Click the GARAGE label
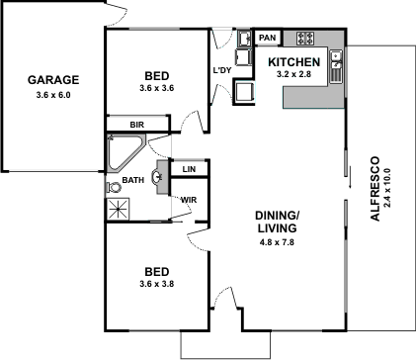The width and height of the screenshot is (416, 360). point(52,79)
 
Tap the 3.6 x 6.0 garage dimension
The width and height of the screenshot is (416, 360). point(52,95)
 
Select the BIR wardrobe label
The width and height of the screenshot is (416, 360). point(137,125)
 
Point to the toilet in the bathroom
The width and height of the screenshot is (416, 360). point(113,186)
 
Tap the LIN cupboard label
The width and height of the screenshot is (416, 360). point(189,169)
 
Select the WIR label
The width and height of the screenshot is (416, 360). point(186,199)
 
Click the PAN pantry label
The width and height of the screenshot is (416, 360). point(267,39)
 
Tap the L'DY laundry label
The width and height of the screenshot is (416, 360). point(223,71)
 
